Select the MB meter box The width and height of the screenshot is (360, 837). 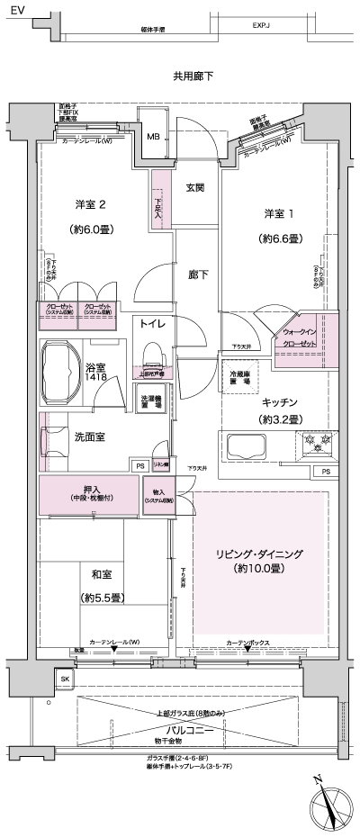point(153,138)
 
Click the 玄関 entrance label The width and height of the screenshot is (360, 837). point(195,187)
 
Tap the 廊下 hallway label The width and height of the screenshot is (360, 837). point(198,274)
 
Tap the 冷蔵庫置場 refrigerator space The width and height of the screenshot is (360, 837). point(238,379)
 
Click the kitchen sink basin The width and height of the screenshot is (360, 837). point(246,446)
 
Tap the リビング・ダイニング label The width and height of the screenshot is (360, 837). point(258,554)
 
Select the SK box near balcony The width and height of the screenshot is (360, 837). point(64,678)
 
